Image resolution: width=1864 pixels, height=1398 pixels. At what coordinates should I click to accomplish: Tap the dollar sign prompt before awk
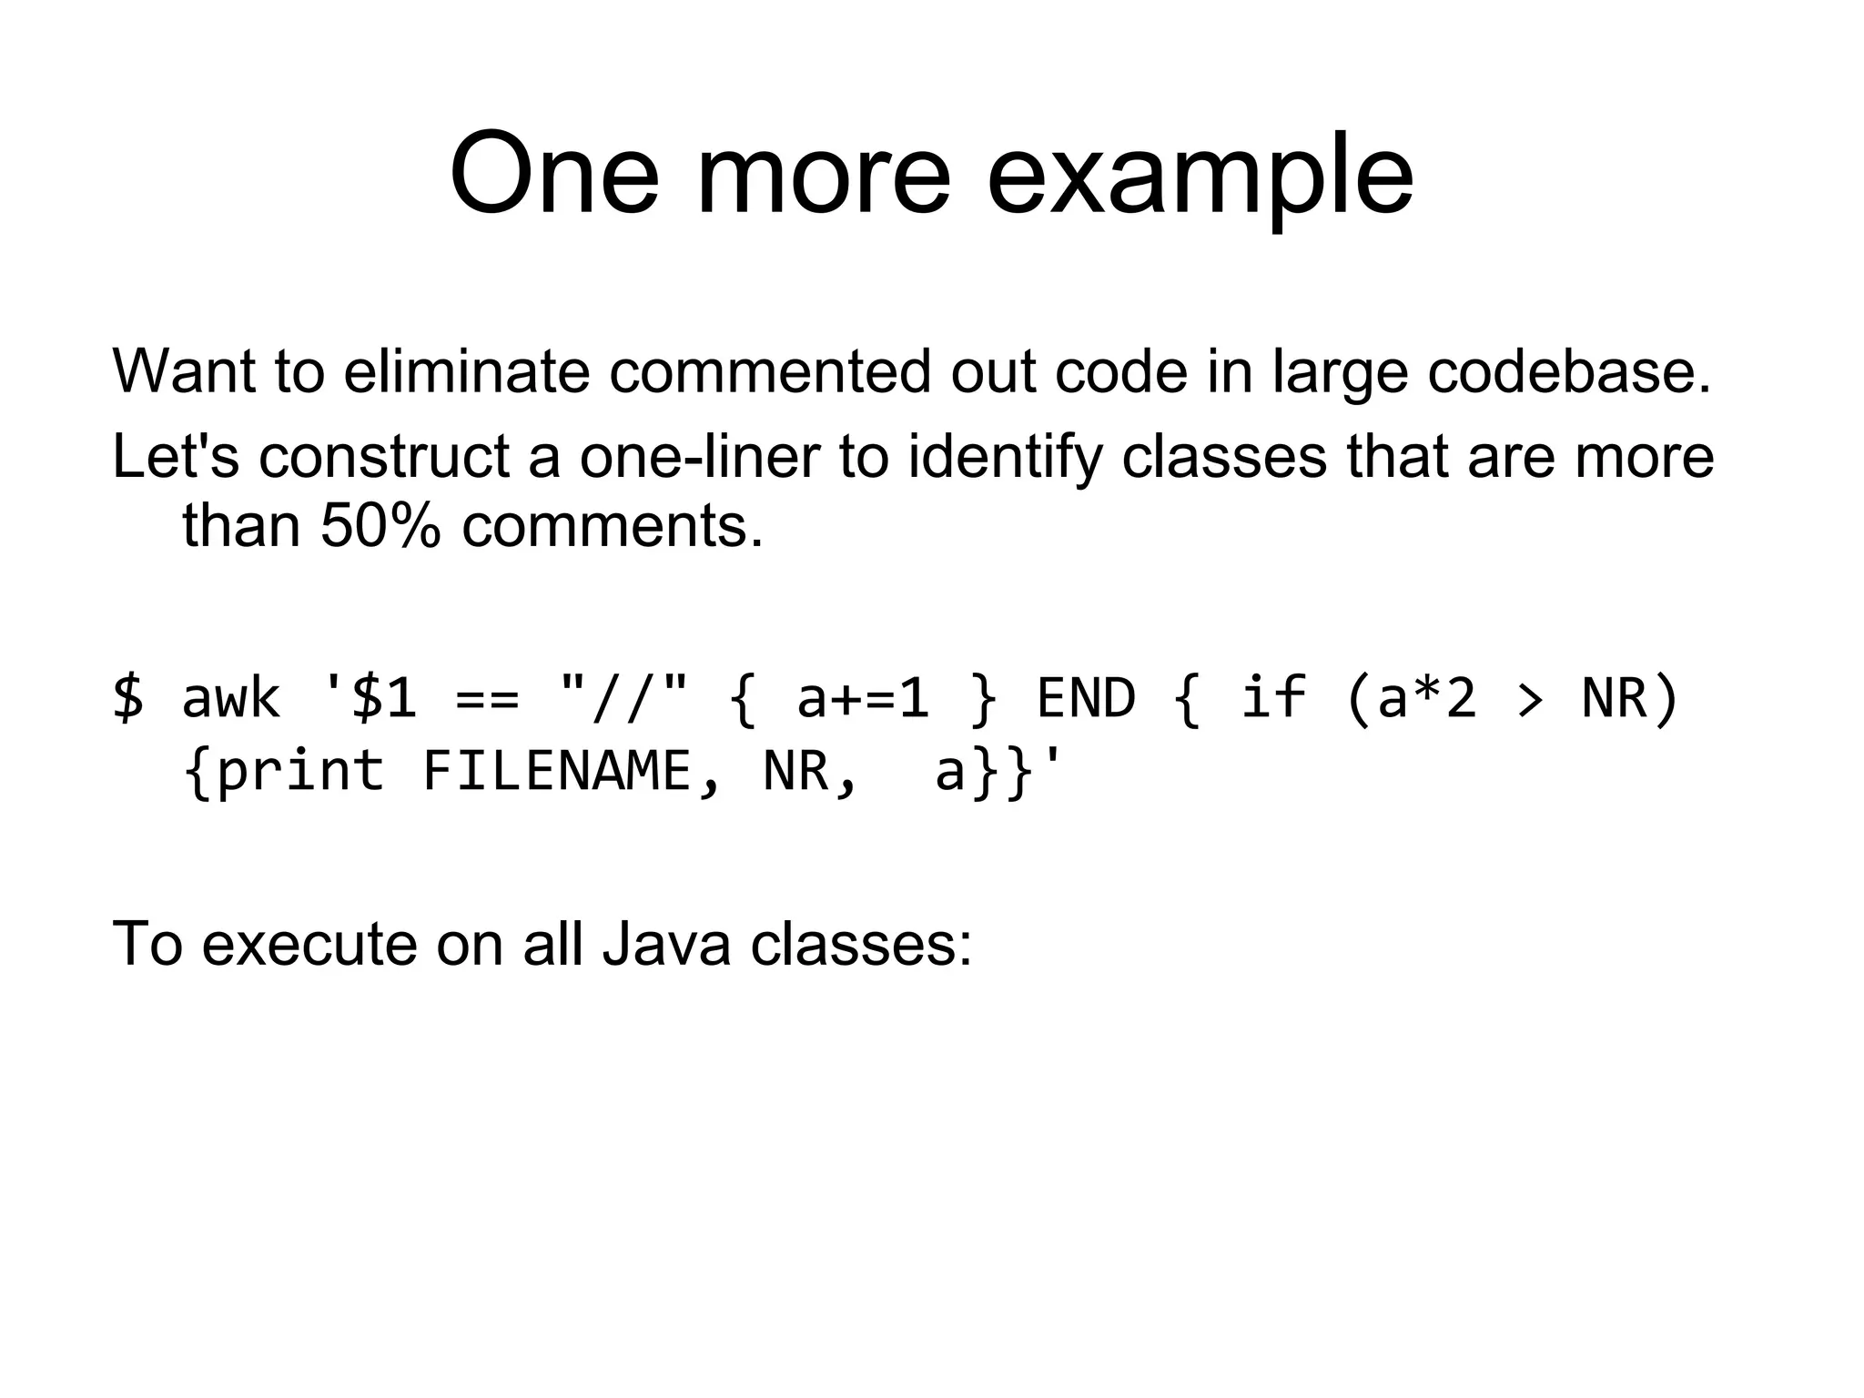pyautogui.click(x=128, y=699)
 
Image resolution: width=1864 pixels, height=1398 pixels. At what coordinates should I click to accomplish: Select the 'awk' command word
pyautogui.click(x=231, y=699)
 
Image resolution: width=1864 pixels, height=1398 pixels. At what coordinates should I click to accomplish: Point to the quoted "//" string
pyautogui.click(x=624, y=697)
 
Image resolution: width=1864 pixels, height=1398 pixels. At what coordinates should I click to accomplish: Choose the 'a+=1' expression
pyautogui.click(x=863, y=699)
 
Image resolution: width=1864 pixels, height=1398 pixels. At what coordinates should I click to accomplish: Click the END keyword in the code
pyautogui.click(x=1086, y=699)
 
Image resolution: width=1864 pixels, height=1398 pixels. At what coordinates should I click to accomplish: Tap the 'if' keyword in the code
pyautogui.click(x=1273, y=697)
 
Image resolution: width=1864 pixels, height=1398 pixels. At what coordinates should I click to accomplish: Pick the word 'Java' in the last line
pyautogui.click(x=666, y=944)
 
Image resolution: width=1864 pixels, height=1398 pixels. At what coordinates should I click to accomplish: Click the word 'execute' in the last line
pyautogui.click(x=308, y=944)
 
